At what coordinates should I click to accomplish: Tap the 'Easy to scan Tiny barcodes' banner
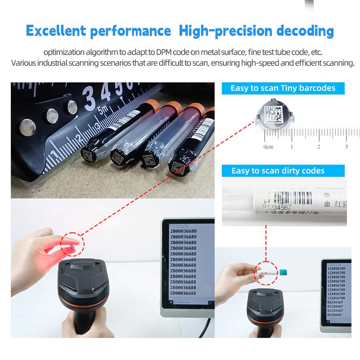tap(283, 88)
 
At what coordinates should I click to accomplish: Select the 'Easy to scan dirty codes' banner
tap(278, 171)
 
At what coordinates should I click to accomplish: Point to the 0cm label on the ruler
tap(269, 147)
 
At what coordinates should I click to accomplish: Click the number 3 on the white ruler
tap(346, 147)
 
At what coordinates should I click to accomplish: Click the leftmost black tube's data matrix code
tap(87, 156)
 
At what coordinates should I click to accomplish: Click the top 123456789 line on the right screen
tap(336, 268)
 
